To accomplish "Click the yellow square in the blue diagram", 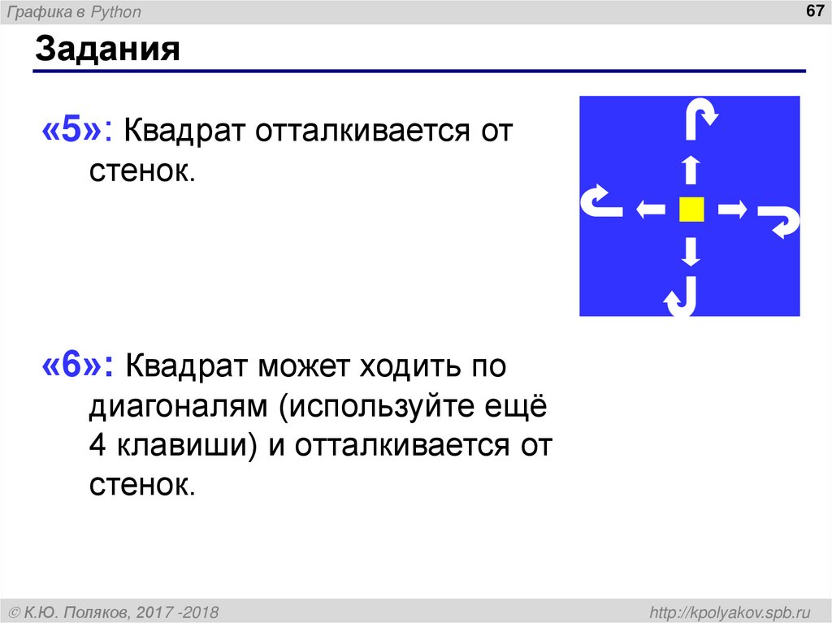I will coord(691,210).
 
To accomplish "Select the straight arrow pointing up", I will coord(691,171).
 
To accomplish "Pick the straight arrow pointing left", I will coord(650,210).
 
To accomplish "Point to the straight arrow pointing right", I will coord(732,210).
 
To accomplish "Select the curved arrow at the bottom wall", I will coord(681,298).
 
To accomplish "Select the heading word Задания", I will coord(106,51).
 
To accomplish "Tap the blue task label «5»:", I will coord(76,130).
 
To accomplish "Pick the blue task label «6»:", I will coord(76,366).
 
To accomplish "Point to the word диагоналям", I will coord(179,406).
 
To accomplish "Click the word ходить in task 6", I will coord(403,366).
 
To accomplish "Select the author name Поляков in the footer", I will coord(94,611).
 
